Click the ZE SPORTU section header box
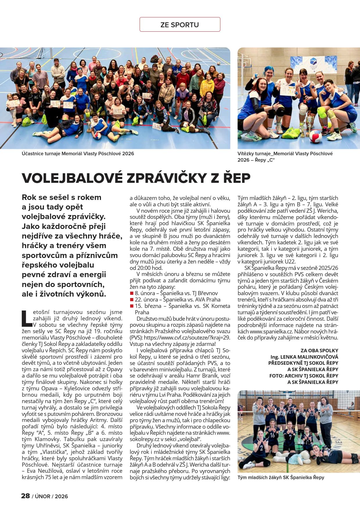click(180, 25)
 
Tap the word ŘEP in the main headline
click(236, 178)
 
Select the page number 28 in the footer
click(26, 496)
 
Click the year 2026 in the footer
click(61, 496)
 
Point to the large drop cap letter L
click(27, 318)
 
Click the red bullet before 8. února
click(132, 293)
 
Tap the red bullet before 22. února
click(132, 300)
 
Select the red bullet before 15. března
click(132, 306)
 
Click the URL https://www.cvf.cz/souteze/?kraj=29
click(187, 337)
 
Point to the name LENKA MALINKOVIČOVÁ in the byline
click(309, 357)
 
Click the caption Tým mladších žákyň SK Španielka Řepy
click(281, 477)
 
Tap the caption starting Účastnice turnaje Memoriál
click(78, 154)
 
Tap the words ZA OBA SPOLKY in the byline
click(319, 350)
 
